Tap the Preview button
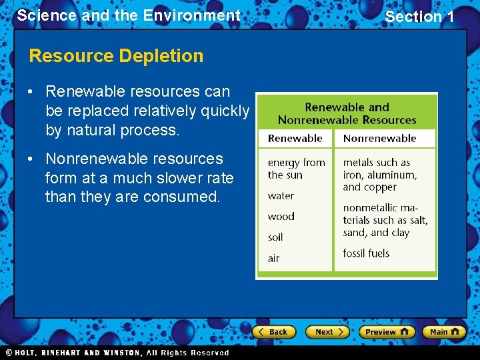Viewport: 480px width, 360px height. tap(386, 331)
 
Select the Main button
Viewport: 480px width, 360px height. tap(444, 331)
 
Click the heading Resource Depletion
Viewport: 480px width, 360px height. tap(116, 56)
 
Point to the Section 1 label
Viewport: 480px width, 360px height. tap(419, 17)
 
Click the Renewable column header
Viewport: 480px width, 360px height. tap(295, 139)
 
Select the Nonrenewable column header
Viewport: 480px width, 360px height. tap(379, 139)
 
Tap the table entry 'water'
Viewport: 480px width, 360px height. tap(281, 196)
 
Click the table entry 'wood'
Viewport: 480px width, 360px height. tap(281, 217)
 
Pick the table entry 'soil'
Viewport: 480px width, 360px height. tap(275, 237)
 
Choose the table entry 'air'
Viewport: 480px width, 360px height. tap(273, 258)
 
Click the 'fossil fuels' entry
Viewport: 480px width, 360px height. tap(366, 253)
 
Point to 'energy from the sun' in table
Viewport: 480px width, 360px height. tap(296, 169)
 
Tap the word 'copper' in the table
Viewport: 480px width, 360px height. tap(380, 187)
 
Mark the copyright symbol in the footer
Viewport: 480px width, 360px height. tap(9, 353)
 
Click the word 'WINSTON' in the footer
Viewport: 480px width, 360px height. tap(121, 353)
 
